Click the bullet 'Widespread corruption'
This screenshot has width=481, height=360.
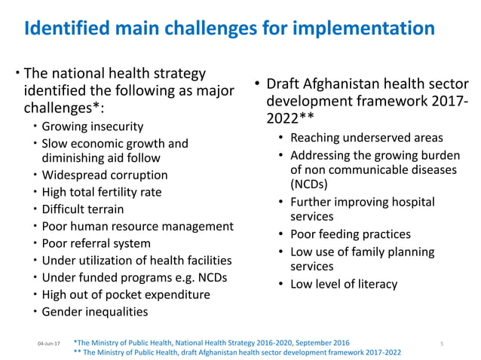tap(104, 175)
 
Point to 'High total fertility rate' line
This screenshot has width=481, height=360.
tap(102, 192)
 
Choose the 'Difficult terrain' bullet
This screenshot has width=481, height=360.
tap(83, 209)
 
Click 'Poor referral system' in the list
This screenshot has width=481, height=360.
tap(96, 243)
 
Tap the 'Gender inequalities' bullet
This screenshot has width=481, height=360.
tap(95, 312)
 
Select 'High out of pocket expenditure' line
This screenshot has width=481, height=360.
tap(125, 294)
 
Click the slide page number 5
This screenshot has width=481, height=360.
tap(442, 343)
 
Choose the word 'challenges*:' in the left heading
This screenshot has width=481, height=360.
tap(65, 107)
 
